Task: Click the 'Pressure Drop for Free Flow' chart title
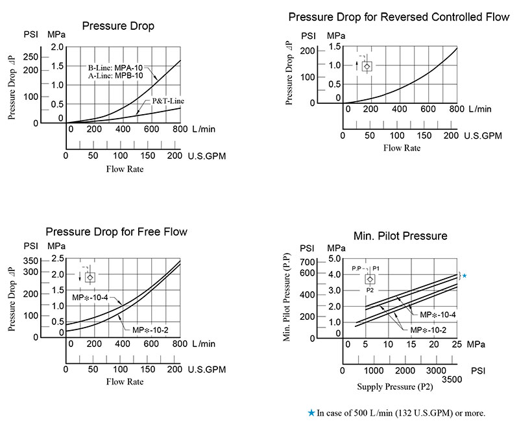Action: pyautogui.click(x=116, y=232)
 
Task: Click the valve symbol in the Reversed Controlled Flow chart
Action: pyautogui.click(x=367, y=66)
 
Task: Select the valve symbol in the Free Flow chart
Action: pyautogui.click(x=90, y=277)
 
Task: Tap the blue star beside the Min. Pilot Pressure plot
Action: pyautogui.click(x=464, y=276)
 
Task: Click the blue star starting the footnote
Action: pyautogui.click(x=312, y=412)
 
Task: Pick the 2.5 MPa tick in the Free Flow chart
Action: pyautogui.click(x=57, y=259)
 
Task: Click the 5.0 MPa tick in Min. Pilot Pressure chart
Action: pyautogui.click(x=335, y=259)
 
